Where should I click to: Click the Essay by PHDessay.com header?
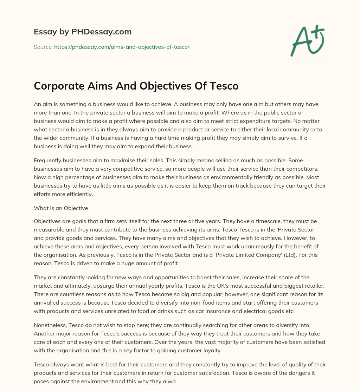tap(83, 32)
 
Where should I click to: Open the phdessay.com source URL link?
tap(122, 47)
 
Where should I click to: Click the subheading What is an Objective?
tap(61, 208)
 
